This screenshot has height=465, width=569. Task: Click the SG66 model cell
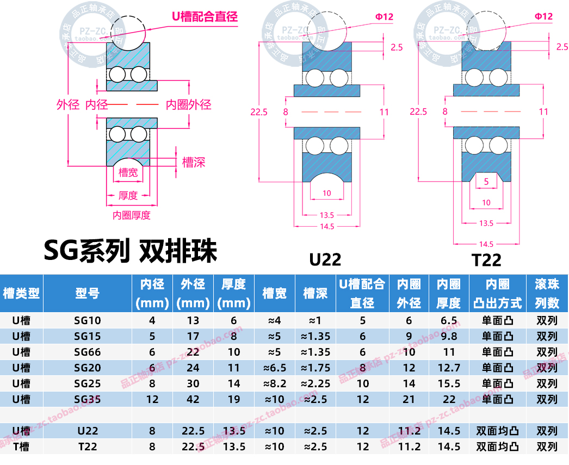(88, 352)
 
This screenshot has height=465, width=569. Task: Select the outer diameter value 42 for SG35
(193, 399)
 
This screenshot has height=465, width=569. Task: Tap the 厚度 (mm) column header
(234, 293)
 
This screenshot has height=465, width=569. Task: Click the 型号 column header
(88, 293)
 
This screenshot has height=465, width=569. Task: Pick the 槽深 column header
(315, 293)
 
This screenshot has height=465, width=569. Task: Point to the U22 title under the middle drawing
(325, 259)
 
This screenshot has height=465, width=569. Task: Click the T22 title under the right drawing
(486, 259)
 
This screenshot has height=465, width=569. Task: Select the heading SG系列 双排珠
(131, 251)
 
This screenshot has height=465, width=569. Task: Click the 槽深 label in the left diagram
(194, 162)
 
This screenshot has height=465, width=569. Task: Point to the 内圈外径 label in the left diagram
(188, 104)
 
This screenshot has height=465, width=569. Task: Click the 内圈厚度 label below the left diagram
(131, 215)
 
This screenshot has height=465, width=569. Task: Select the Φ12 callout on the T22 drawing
(543, 16)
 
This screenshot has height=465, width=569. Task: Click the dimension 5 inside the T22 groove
(486, 182)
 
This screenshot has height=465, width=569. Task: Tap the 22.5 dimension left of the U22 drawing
(259, 112)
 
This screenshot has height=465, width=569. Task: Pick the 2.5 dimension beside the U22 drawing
(397, 47)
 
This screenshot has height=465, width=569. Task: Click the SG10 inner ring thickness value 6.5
(448, 320)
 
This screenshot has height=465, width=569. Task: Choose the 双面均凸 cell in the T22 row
(497, 447)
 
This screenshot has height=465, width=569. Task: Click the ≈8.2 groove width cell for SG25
(274, 383)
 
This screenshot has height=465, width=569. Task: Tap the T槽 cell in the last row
(21, 447)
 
